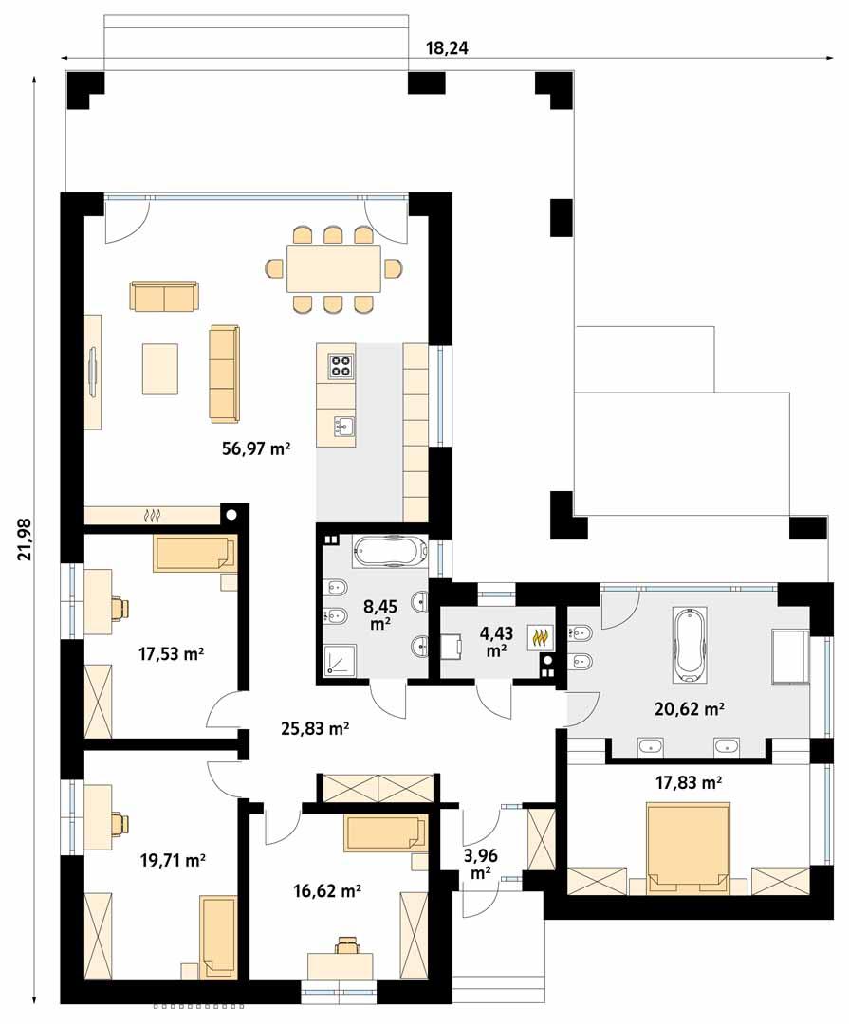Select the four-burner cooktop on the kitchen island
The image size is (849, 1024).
[x=341, y=364]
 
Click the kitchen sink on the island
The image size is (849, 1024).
[x=343, y=427]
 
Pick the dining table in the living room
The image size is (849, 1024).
[x=333, y=269]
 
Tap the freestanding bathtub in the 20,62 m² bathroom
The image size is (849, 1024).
[x=690, y=645]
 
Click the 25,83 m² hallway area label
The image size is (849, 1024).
[x=316, y=728]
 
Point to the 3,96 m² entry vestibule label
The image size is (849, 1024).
[x=480, y=863]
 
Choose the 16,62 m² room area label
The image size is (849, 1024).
[x=325, y=890]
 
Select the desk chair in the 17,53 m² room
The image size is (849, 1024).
[x=119, y=607]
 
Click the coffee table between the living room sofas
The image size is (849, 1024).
[x=160, y=368]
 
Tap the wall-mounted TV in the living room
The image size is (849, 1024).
[x=92, y=372]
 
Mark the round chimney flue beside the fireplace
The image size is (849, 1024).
[x=231, y=515]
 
